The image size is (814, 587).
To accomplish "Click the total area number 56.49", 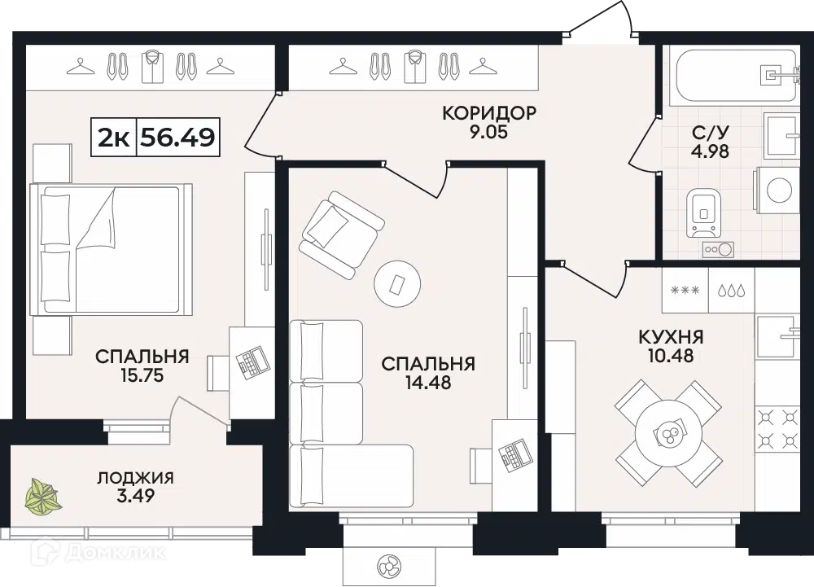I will tap(178, 138).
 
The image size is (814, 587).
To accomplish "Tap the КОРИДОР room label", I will tap(489, 113).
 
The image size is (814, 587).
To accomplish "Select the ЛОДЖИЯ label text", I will tap(136, 478).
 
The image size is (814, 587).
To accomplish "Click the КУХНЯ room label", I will tap(672, 337).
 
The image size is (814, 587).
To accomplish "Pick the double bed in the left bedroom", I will tap(110, 249).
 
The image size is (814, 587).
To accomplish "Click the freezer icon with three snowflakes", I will tap(685, 290).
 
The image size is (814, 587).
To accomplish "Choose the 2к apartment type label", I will tap(112, 138).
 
